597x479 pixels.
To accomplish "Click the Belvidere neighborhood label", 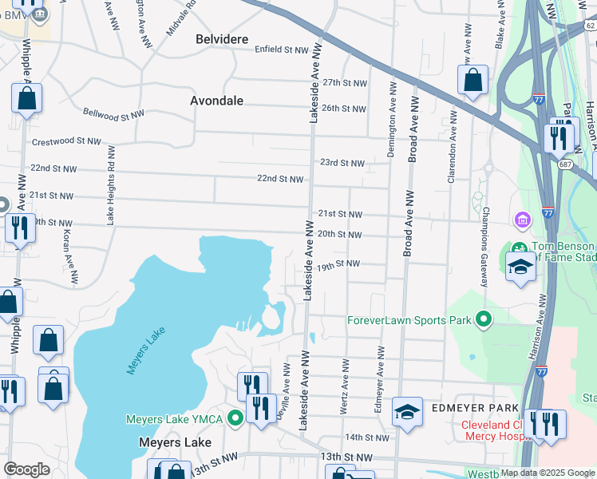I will [x=223, y=39].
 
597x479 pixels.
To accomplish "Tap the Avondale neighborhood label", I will [x=216, y=101].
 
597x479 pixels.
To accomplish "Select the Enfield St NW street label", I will [x=281, y=49].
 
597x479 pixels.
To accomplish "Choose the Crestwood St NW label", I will [x=66, y=142].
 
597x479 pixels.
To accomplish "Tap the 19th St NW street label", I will [x=338, y=263].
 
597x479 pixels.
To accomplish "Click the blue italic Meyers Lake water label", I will [x=144, y=352].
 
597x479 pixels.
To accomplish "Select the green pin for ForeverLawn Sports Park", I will [x=483, y=320].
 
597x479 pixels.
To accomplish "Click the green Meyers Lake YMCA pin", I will [x=235, y=418].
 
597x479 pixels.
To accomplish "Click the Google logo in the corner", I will [x=26, y=469].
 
